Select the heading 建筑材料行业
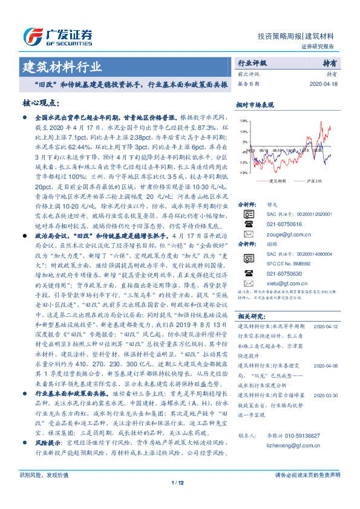pyautogui.click(x=62, y=66)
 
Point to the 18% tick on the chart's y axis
pyautogui.click(x=243, y=121)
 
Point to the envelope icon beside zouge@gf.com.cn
pyautogui.click(x=247, y=233)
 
